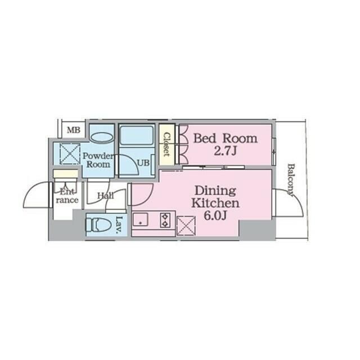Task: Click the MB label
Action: [x=74, y=130]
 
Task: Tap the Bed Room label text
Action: [x=226, y=138]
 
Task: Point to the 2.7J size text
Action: [x=225, y=151]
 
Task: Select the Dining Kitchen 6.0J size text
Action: [x=215, y=215]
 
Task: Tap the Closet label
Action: [x=167, y=145]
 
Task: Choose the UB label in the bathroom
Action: [x=143, y=163]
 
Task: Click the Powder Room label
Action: [x=98, y=160]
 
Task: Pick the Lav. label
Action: [x=119, y=225]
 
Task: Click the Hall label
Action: [x=106, y=196]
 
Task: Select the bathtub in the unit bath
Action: [x=136, y=135]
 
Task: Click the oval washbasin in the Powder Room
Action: [x=101, y=137]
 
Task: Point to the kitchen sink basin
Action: [x=141, y=219]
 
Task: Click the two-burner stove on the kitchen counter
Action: [x=165, y=220]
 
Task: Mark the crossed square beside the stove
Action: [x=186, y=226]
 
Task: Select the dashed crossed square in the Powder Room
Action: [x=70, y=154]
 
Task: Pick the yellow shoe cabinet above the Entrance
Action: [x=65, y=174]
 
